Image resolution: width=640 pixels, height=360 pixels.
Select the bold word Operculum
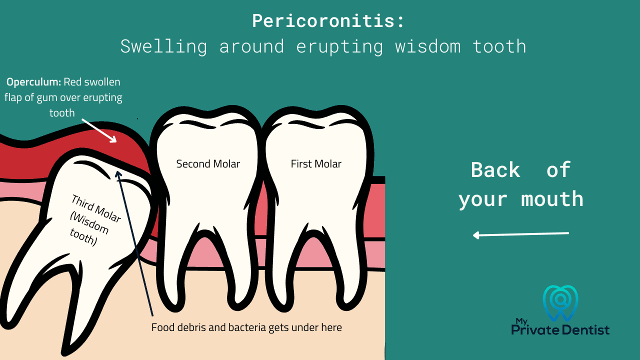tap(33, 82)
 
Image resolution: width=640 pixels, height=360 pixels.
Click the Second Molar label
tap(208, 164)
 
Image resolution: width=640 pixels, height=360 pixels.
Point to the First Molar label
tap(316, 164)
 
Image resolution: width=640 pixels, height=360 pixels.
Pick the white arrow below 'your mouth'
tap(520, 234)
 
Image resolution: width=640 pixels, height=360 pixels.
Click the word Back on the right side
tap(495, 170)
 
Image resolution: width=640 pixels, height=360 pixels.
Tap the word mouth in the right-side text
tap(552, 199)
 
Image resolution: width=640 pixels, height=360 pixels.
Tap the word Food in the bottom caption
tap(161, 328)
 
